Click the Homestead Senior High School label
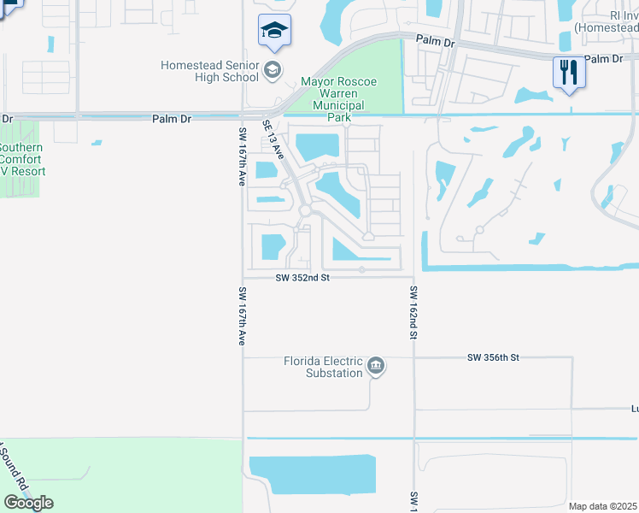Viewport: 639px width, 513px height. pos(209,71)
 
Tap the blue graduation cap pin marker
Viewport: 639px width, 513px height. pos(274,31)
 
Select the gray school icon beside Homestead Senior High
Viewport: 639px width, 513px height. pos(273,70)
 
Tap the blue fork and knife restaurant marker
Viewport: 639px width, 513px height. pos(567,72)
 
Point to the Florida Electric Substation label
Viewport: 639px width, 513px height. pos(324,367)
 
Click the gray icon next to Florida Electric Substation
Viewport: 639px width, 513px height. pos(375,368)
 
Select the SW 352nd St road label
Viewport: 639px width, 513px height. pos(302,278)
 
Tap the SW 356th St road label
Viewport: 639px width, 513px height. pos(493,357)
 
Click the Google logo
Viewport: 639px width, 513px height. pos(28,503)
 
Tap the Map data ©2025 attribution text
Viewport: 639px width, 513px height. pos(602,506)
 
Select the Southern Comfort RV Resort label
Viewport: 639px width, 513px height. pos(21,159)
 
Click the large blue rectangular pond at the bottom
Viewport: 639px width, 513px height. pos(313,475)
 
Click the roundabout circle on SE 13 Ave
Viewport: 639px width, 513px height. pos(305,210)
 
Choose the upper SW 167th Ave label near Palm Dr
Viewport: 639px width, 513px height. pos(242,158)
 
